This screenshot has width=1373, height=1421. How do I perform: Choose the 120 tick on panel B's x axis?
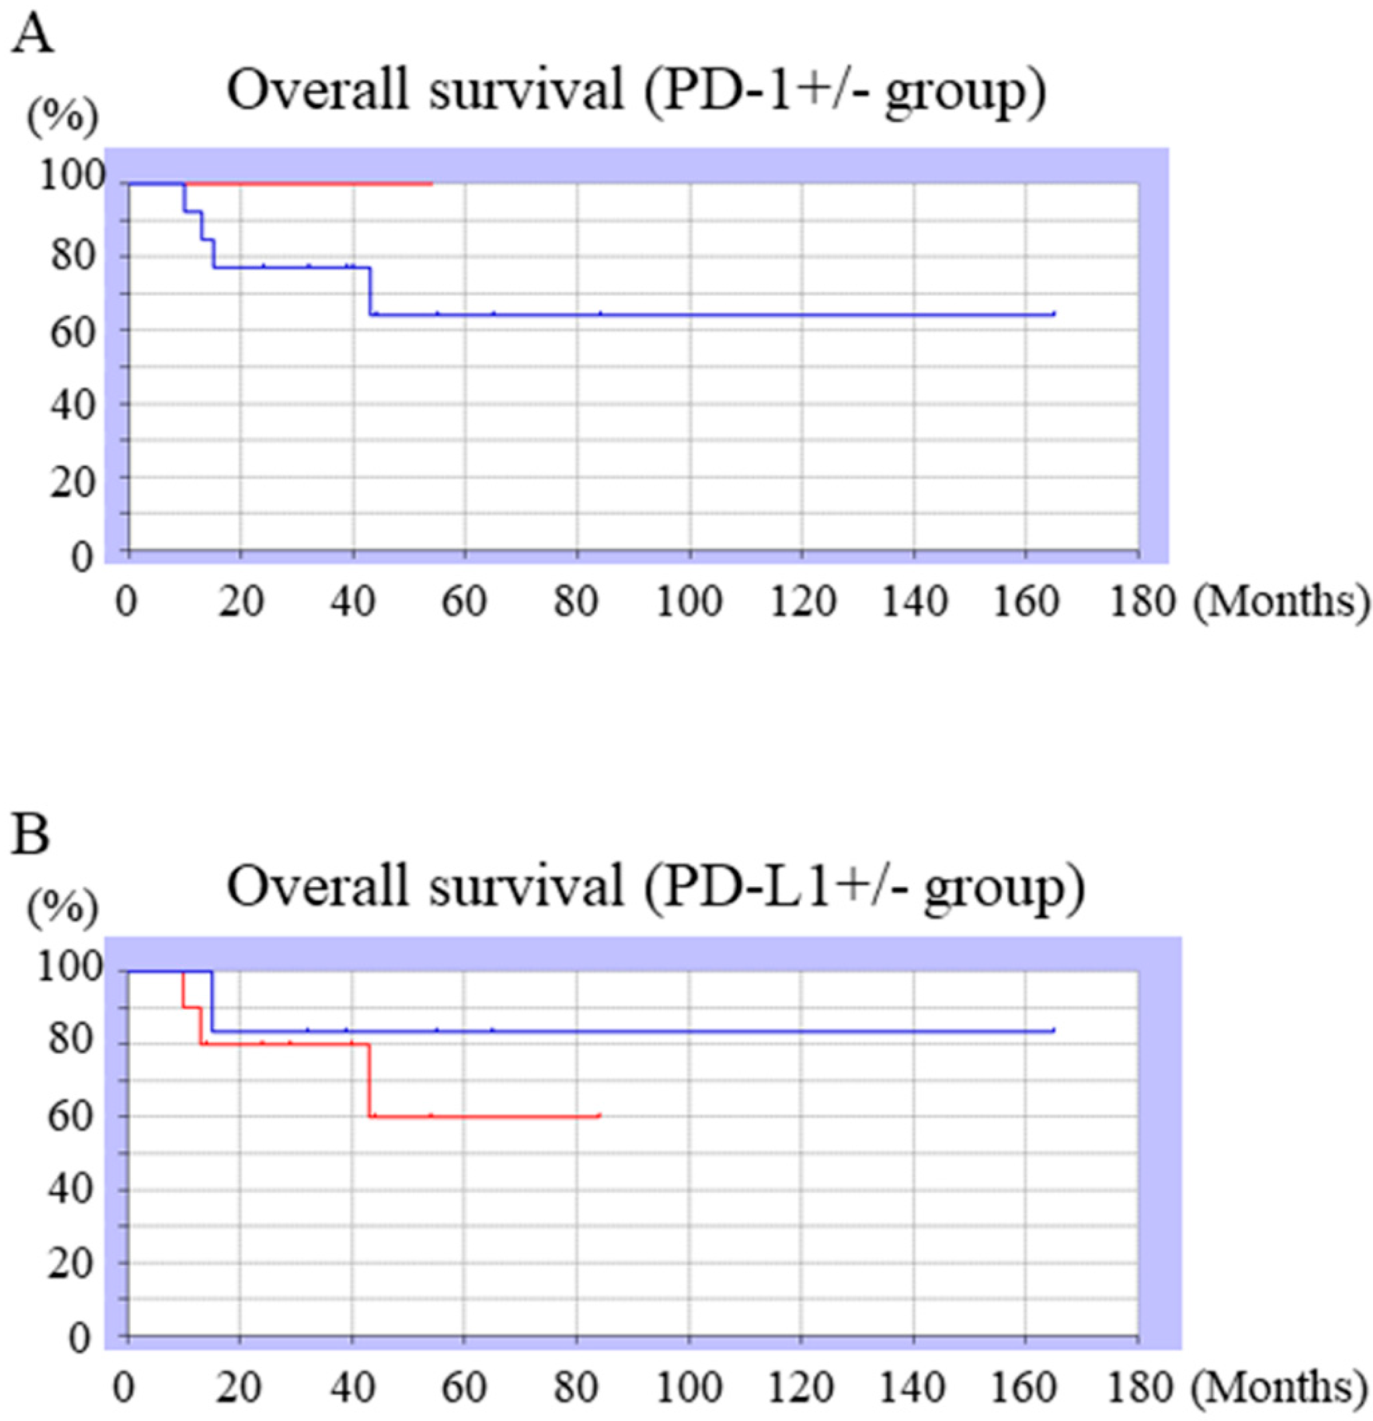point(802,1388)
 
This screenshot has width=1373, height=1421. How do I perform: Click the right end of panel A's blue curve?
point(1053,314)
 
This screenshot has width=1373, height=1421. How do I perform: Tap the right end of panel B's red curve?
point(600,1116)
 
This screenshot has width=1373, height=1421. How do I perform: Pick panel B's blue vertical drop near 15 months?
point(212,1001)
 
